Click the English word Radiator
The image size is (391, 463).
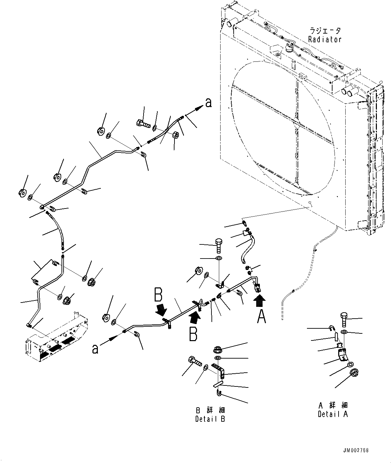[325, 39]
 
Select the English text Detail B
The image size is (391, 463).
[210, 419]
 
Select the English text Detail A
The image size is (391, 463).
[333, 414]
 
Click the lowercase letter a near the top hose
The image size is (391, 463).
[208, 103]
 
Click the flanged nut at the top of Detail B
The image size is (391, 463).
[217, 350]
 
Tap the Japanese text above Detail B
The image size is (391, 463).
[210, 410]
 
